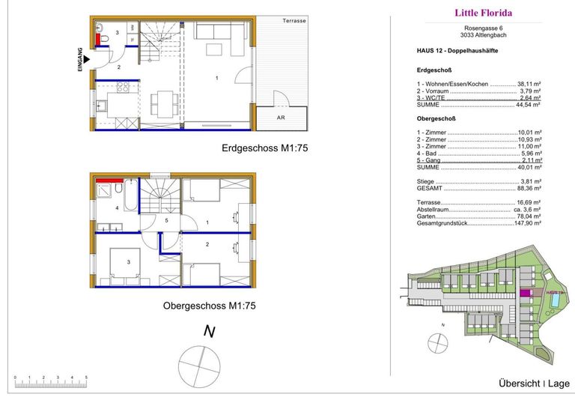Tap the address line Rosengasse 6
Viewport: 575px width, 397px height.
coord(483,28)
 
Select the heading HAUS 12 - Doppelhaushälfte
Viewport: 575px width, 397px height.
coord(457,50)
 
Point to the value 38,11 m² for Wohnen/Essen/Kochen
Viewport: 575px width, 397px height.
coord(530,84)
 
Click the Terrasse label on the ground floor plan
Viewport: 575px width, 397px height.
coord(294,21)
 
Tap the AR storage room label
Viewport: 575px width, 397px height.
coord(280,118)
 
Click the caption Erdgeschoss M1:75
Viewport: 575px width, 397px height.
coord(265,148)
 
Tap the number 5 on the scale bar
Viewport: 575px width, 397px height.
coord(87,378)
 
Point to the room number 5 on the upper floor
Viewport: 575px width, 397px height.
coord(167,220)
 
